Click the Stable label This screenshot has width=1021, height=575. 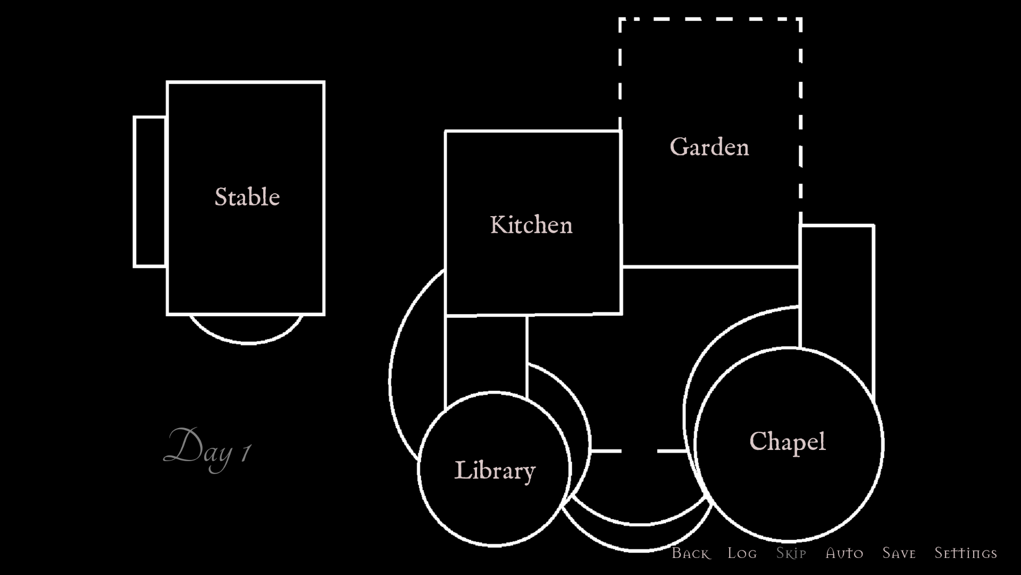pyautogui.click(x=247, y=197)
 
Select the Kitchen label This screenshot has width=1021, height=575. pyautogui.click(x=531, y=225)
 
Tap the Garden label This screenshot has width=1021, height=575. pyautogui.click(x=709, y=147)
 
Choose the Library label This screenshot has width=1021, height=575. pyautogui.click(x=495, y=471)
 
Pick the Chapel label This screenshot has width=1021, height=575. pyautogui.click(x=788, y=442)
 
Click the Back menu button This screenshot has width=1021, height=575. pyautogui.click(x=691, y=553)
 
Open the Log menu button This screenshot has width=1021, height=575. pyautogui.click(x=742, y=553)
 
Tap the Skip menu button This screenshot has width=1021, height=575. pyautogui.click(x=791, y=553)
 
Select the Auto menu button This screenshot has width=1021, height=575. pyautogui.click(x=844, y=553)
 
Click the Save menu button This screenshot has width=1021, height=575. pyautogui.click(x=899, y=553)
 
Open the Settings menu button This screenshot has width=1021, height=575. pyautogui.click(x=966, y=553)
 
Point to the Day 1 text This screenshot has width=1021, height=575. pyautogui.click(x=207, y=450)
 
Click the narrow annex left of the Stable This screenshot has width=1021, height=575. pyautogui.click(x=150, y=192)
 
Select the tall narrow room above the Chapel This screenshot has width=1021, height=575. pyautogui.click(x=836, y=287)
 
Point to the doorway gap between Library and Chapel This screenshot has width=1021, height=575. pyautogui.click(x=639, y=451)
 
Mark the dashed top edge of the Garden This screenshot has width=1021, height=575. pyautogui.click(x=710, y=19)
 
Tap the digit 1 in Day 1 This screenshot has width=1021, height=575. pyautogui.click(x=246, y=453)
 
